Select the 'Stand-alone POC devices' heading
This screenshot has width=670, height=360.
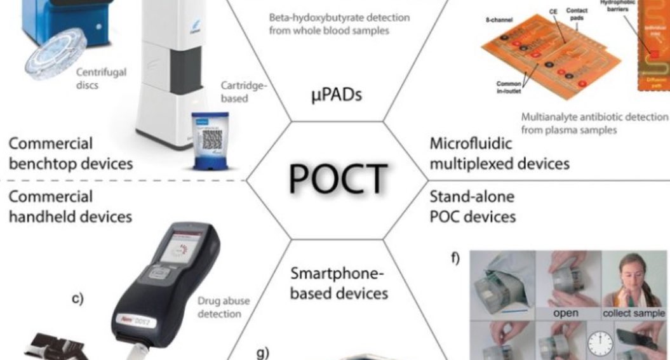[x=472, y=207]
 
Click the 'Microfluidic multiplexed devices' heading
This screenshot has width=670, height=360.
[x=499, y=154]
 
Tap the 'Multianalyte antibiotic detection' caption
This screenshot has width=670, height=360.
[x=595, y=123]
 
